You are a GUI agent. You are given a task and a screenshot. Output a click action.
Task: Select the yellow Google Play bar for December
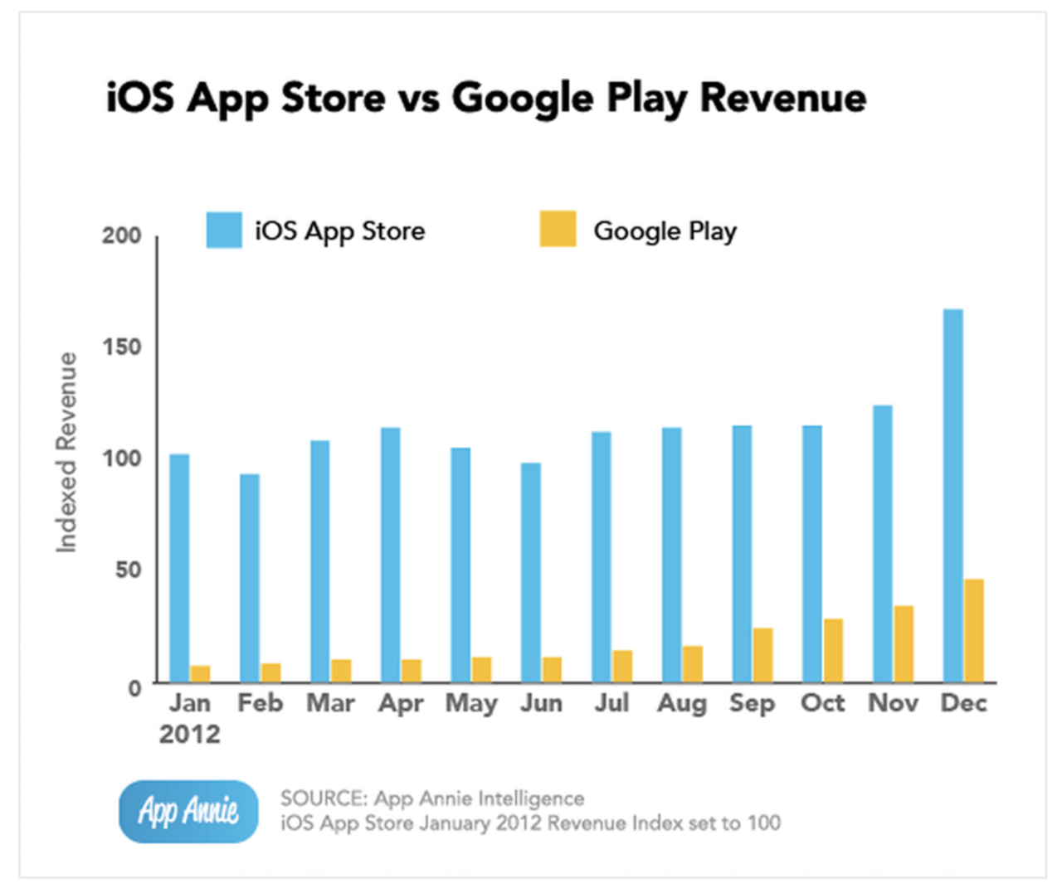pyautogui.click(x=974, y=631)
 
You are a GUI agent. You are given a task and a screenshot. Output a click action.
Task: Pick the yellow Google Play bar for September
pyautogui.click(x=762, y=656)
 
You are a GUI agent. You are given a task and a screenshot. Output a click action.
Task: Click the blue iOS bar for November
pyautogui.click(x=883, y=544)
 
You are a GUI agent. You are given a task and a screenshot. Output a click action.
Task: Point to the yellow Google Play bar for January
pyautogui.click(x=200, y=674)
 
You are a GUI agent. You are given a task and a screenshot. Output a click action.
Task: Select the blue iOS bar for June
pyautogui.click(x=531, y=573)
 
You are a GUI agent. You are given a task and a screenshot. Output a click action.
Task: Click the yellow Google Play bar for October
pyautogui.click(x=833, y=651)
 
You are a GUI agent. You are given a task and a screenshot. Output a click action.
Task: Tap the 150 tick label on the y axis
pyautogui.click(x=122, y=347)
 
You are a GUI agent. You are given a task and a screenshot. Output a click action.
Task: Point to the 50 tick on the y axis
pyautogui.click(x=129, y=570)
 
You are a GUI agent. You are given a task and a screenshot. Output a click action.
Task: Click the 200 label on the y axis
pyautogui.click(x=122, y=235)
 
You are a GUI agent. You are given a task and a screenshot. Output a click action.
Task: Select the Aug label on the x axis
pyautogui.click(x=682, y=703)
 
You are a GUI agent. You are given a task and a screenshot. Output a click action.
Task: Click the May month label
pyautogui.click(x=471, y=703)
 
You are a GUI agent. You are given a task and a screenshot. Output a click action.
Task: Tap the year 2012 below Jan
pyautogui.click(x=190, y=735)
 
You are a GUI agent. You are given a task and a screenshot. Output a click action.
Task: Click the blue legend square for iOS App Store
pyautogui.click(x=224, y=230)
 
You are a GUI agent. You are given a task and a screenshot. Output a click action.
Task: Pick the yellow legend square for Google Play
pyautogui.click(x=558, y=230)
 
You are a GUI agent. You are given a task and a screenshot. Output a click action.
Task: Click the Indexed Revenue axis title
pyautogui.click(x=66, y=452)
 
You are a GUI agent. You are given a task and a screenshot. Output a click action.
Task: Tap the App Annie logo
pyautogui.click(x=188, y=811)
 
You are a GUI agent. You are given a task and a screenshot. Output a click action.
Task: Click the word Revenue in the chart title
pyautogui.click(x=783, y=98)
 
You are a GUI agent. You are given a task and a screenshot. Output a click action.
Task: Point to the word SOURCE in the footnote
pyautogui.click(x=322, y=798)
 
